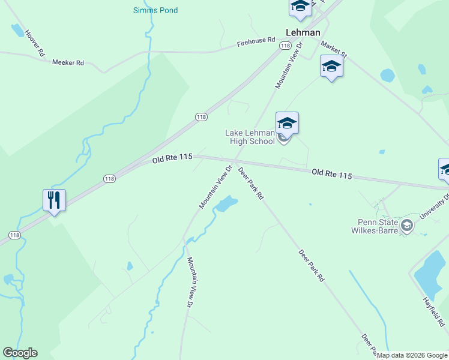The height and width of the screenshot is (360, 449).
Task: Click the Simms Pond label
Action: pos(155,10)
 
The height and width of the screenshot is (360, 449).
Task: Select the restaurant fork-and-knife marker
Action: pos(54,200)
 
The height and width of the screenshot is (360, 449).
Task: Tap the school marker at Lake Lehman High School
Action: pos(287,124)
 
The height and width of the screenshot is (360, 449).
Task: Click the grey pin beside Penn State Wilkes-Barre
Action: pos(408,226)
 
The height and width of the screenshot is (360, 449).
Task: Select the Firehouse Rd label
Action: pos(256,42)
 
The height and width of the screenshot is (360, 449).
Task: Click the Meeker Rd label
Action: pos(68,62)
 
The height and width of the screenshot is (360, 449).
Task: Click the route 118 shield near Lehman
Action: pos(285,46)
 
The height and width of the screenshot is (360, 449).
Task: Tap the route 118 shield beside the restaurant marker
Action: pos(109,178)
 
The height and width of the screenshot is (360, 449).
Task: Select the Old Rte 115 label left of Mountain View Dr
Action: pos(172,158)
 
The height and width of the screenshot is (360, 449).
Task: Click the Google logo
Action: pos(20,353)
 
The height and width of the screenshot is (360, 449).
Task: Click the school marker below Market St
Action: pos(331,66)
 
